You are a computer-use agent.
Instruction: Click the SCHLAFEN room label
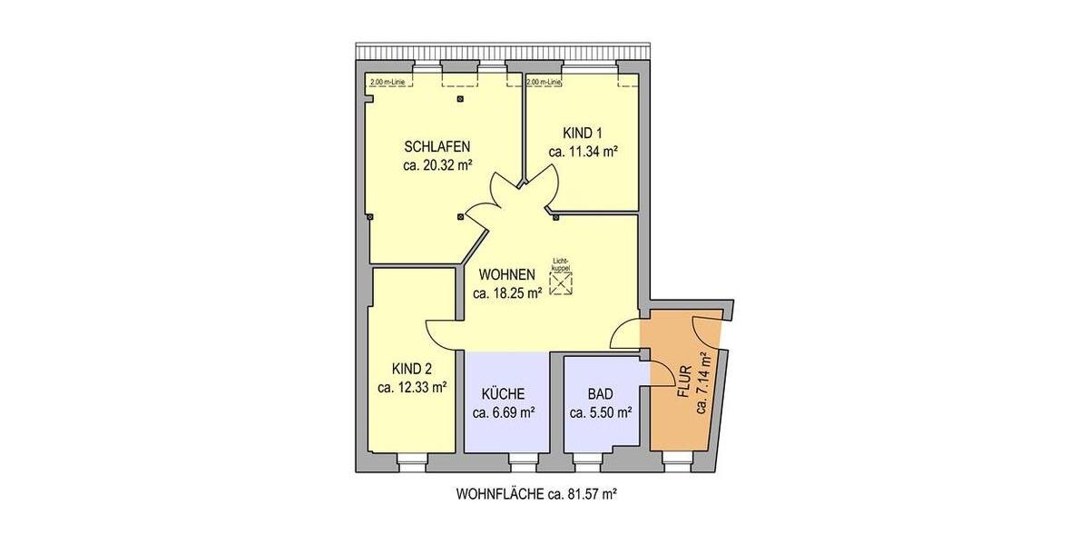click(x=437, y=146)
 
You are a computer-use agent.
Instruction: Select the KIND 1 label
click(x=584, y=134)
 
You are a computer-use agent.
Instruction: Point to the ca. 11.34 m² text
click(x=584, y=152)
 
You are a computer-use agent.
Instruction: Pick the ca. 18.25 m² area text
click(x=507, y=292)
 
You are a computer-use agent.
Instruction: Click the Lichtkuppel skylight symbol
click(x=562, y=284)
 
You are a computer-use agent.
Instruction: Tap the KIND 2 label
click(x=411, y=369)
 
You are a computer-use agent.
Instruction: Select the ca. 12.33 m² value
click(x=411, y=387)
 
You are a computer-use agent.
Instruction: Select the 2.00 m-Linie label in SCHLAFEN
click(x=388, y=83)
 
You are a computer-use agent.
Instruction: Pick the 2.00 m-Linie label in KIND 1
click(x=544, y=83)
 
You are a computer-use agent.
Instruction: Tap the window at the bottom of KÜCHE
click(x=522, y=461)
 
